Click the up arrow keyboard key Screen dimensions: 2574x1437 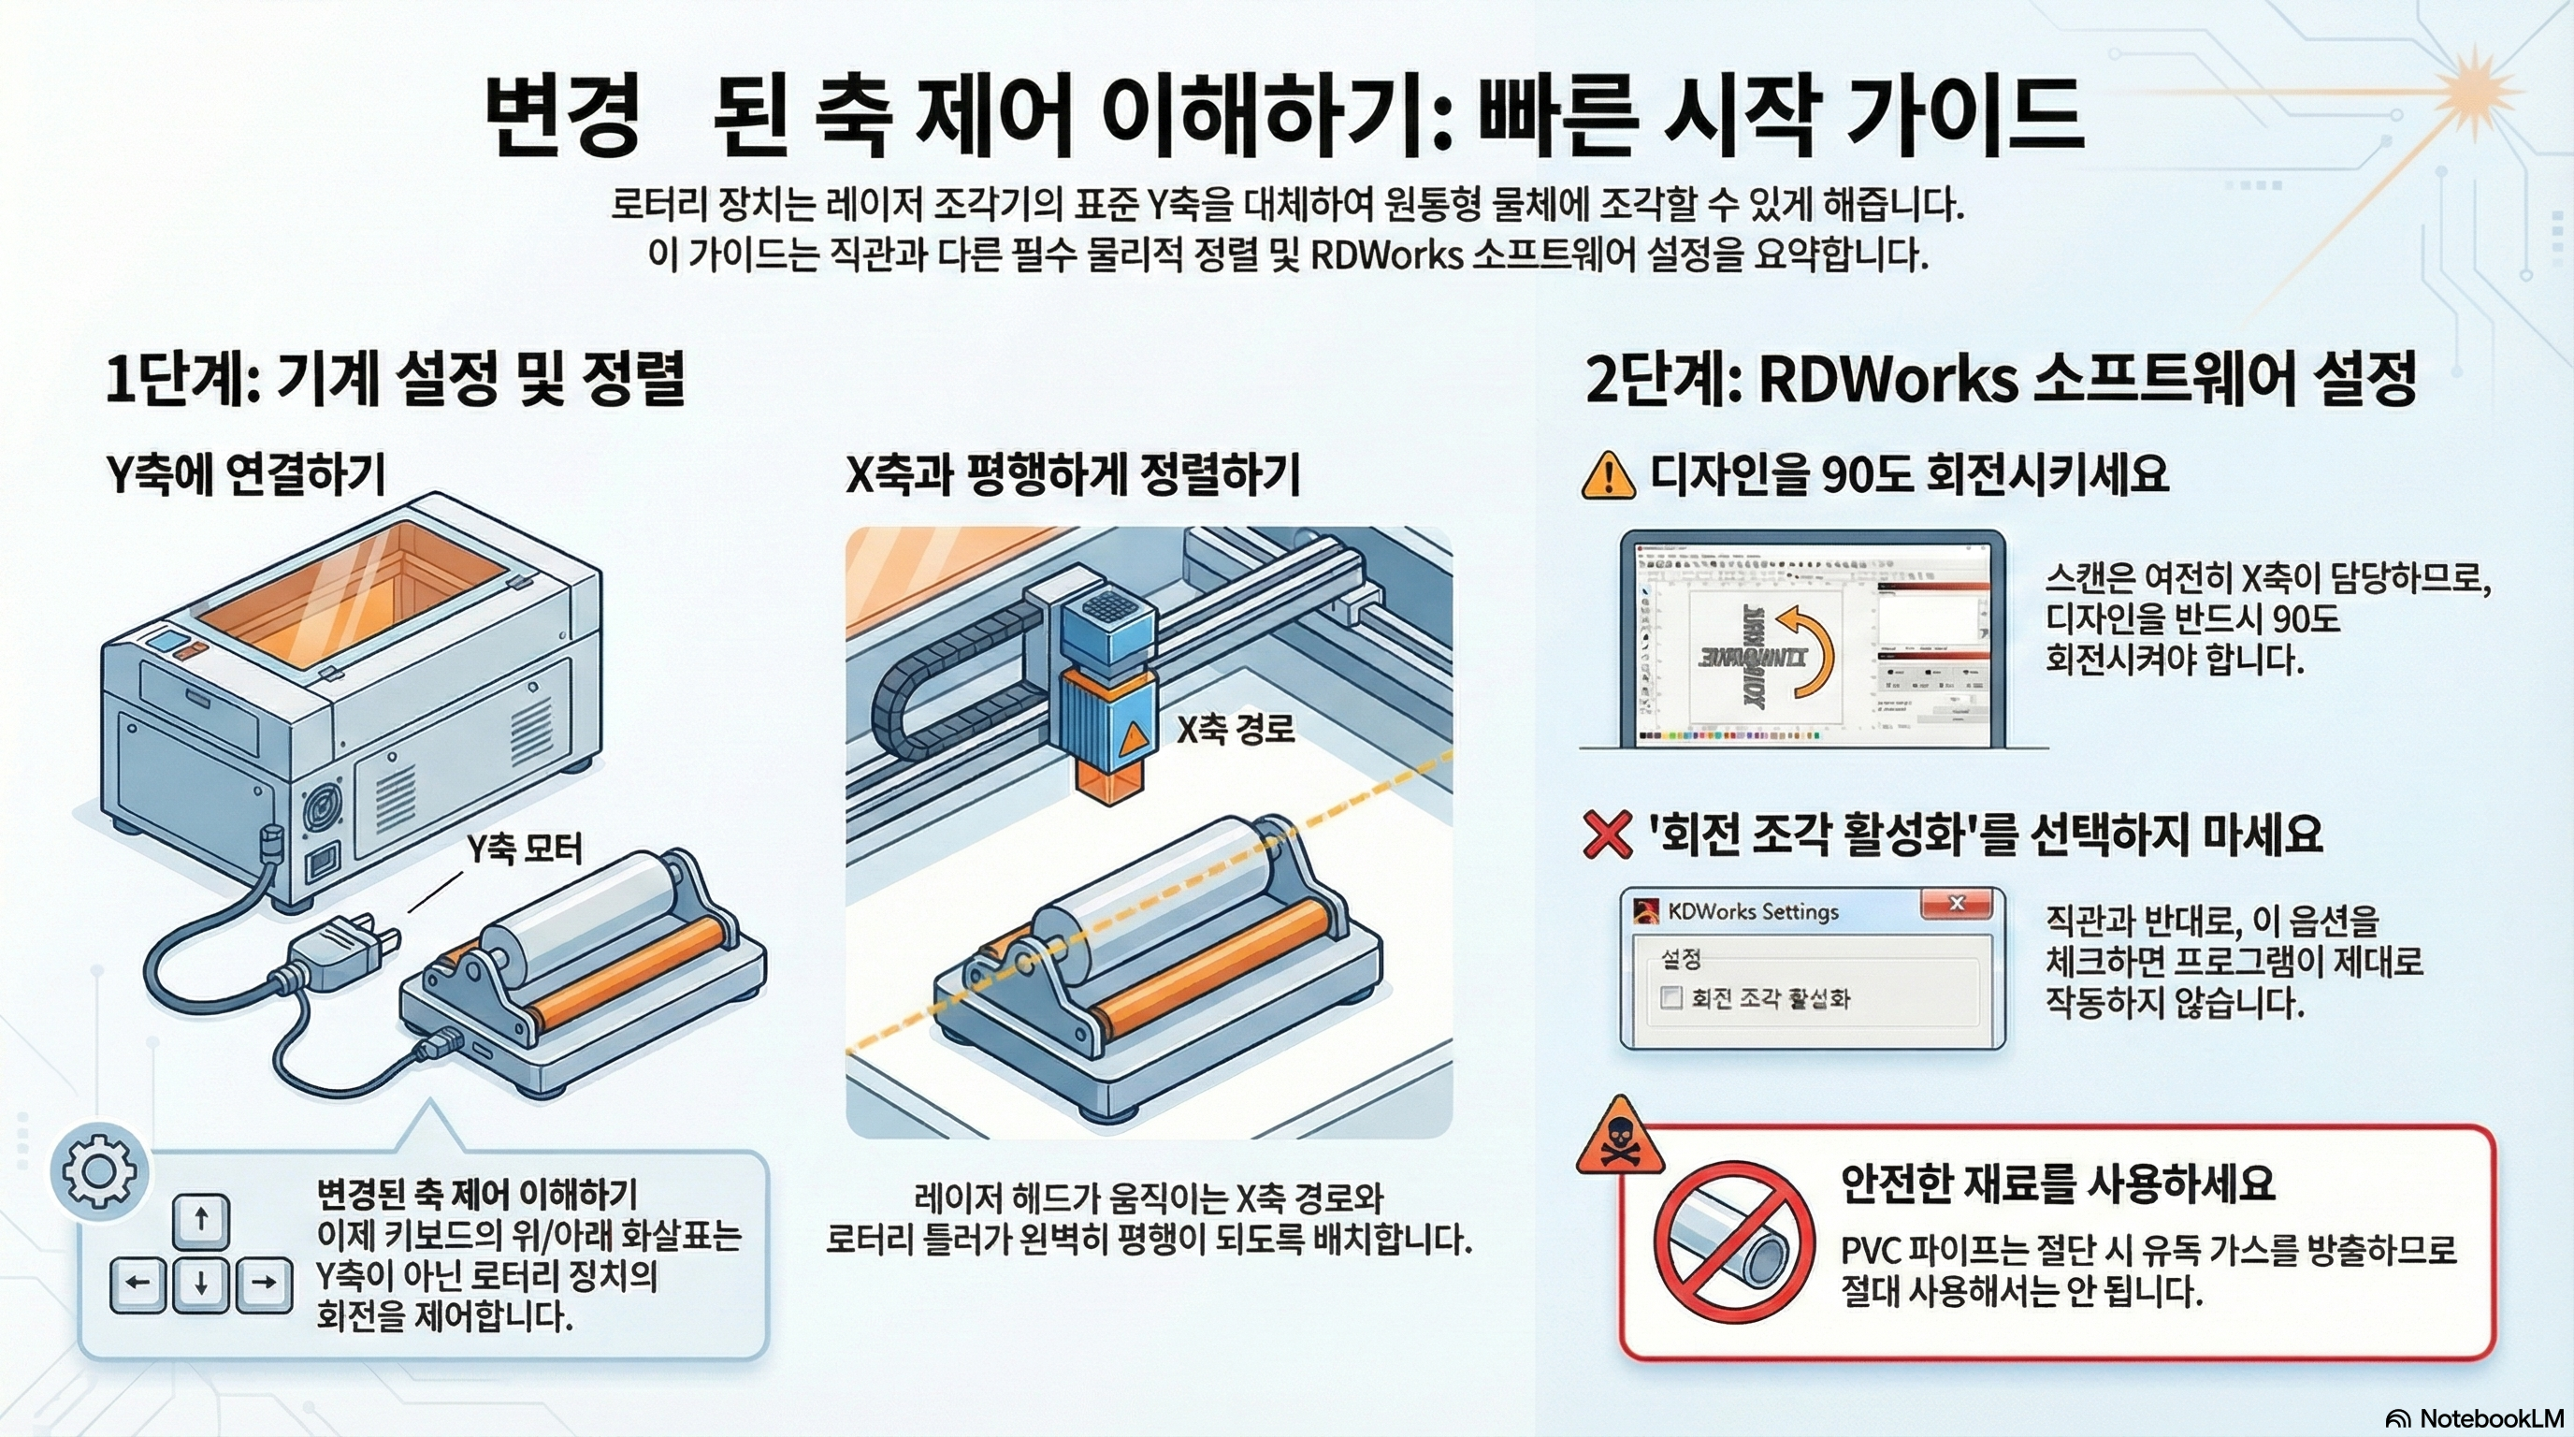pyautogui.click(x=201, y=1220)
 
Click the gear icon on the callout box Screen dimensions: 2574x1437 pyautogui.click(x=98, y=1172)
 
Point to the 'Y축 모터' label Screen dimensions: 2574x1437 pyautogui.click(x=524, y=849)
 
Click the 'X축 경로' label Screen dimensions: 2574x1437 pyautogui.click(x=1235, y=729)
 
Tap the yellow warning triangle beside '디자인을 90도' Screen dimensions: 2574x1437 pyautogui.click(x=1608, y=475)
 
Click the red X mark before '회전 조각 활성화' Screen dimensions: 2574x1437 pyautogui.click(x=1608, y=835)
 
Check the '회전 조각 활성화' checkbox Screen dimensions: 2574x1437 pyautogui.click(x=1670, y=997)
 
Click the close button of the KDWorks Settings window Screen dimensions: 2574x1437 pyautogui.click(x=1956, y=905)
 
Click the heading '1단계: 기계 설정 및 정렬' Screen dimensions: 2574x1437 pyautogui.click(x=396, y=380)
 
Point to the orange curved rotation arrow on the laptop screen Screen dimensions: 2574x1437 pyautogui.click(x=1808, y=649)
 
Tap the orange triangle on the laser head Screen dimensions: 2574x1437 pyautogui.click(x=1133, y=739)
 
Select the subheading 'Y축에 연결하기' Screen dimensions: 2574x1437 pyautogui.click(x=246, y=474)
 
